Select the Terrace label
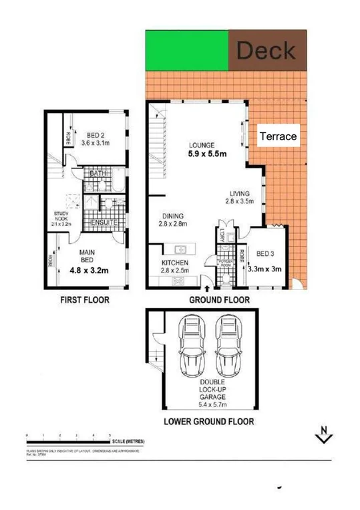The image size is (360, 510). pyautogui.click(x=278, y=136)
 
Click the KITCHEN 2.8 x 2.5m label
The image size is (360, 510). pyautogui.click(x=175, y=267)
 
